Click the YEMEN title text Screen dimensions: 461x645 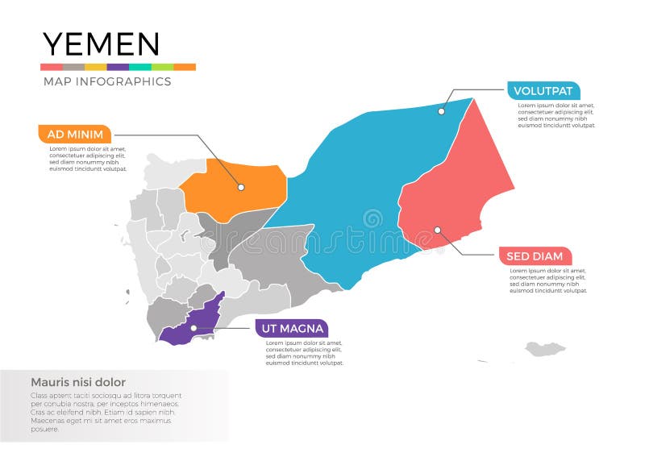[101, 44]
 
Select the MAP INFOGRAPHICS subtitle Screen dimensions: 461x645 [106, 81]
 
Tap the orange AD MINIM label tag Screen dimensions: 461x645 [75, 134]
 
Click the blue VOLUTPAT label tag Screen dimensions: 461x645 [543, 91]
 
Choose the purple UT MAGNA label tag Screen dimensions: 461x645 [291, 328]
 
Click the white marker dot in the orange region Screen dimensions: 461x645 [240, 187]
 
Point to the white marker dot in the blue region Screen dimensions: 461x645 [441, 111]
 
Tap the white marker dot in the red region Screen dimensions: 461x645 [438, 230]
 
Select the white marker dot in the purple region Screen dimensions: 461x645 [193, 328]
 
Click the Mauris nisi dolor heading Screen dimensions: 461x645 [77, 382]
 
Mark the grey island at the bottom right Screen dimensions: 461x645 [545, 348]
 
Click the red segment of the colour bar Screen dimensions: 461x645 [52, 67]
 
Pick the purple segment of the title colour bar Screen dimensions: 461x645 [118, 67]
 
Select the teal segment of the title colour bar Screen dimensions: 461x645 [140, 67]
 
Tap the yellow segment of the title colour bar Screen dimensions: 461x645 [95, 67]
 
